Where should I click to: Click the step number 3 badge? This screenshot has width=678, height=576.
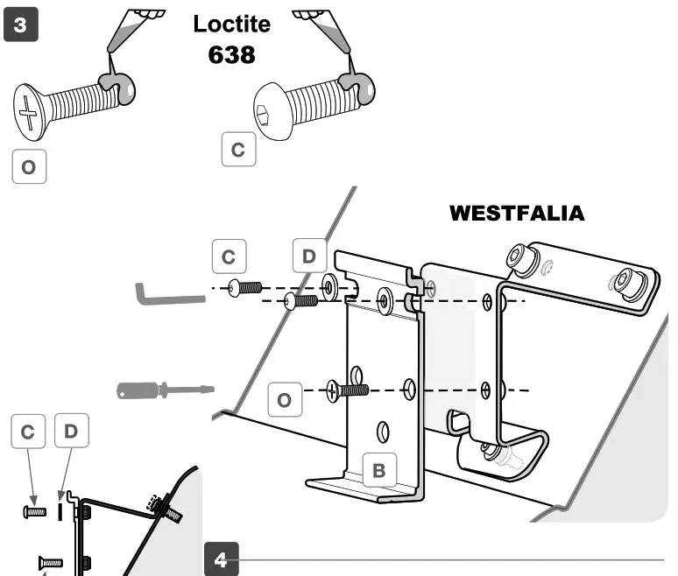(x=21, y=25)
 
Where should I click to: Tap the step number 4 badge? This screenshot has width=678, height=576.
(x=221, y=559)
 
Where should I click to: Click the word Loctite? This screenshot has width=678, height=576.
(x=232, y=23)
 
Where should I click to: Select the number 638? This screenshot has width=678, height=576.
(x=232, y=54)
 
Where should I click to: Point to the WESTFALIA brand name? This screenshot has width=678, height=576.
(x=516, y=214)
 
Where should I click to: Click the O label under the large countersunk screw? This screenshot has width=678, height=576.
(x=29, y=166)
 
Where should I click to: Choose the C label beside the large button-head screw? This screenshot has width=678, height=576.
(x=237, y=150)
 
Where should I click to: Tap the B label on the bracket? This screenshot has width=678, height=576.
(x=378, y=470)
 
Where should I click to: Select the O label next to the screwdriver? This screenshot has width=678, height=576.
(x=284, y=400)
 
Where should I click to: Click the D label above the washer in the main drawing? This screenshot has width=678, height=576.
(x=308, y=257)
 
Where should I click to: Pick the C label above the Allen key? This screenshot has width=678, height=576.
(x=229, y=257)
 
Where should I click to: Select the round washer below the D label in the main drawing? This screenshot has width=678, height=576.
(x=330, y=286)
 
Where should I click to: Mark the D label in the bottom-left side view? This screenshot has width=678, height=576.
(x=71, y=432)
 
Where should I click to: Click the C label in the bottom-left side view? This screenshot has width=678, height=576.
(x=28, y=432)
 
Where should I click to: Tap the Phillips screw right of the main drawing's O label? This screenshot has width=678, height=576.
(x=345, y=390)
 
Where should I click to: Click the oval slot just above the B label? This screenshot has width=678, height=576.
(x=382, y=431)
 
